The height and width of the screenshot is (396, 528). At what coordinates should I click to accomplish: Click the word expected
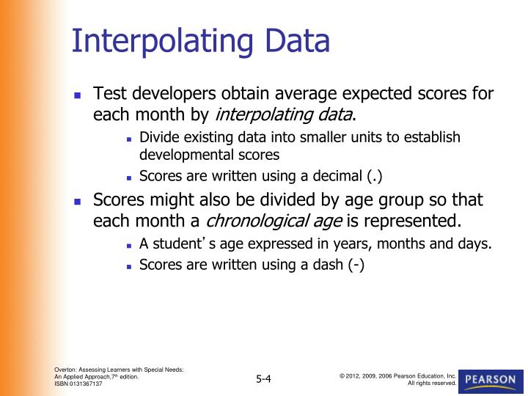(360, 95)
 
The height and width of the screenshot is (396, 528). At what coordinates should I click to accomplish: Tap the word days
(474, 244)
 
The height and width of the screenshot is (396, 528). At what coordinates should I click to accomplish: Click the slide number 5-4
(264, 378)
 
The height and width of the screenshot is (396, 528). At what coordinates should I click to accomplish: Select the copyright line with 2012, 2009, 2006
(397, 375)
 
